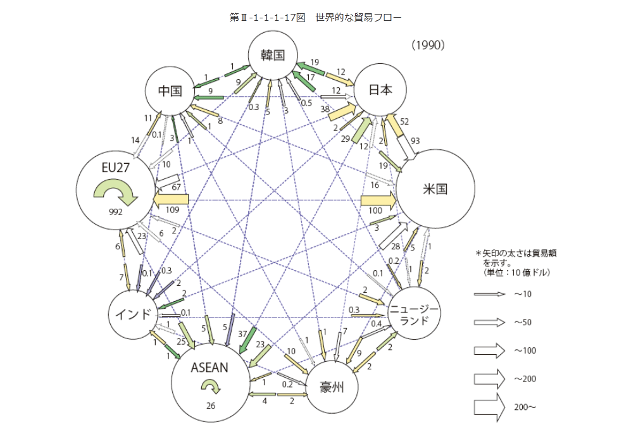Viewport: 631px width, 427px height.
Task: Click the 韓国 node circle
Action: tap(274, 55)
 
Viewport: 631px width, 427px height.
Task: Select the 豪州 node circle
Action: tap(332, 387)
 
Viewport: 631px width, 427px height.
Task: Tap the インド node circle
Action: tap(133, 314)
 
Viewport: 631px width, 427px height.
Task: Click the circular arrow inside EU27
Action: tap(120, 192)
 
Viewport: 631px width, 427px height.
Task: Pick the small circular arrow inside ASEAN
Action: tap(211, 386)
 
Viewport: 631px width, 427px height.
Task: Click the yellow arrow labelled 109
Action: tap(171, 199)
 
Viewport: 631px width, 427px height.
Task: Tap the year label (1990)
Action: tap(428, 45)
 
